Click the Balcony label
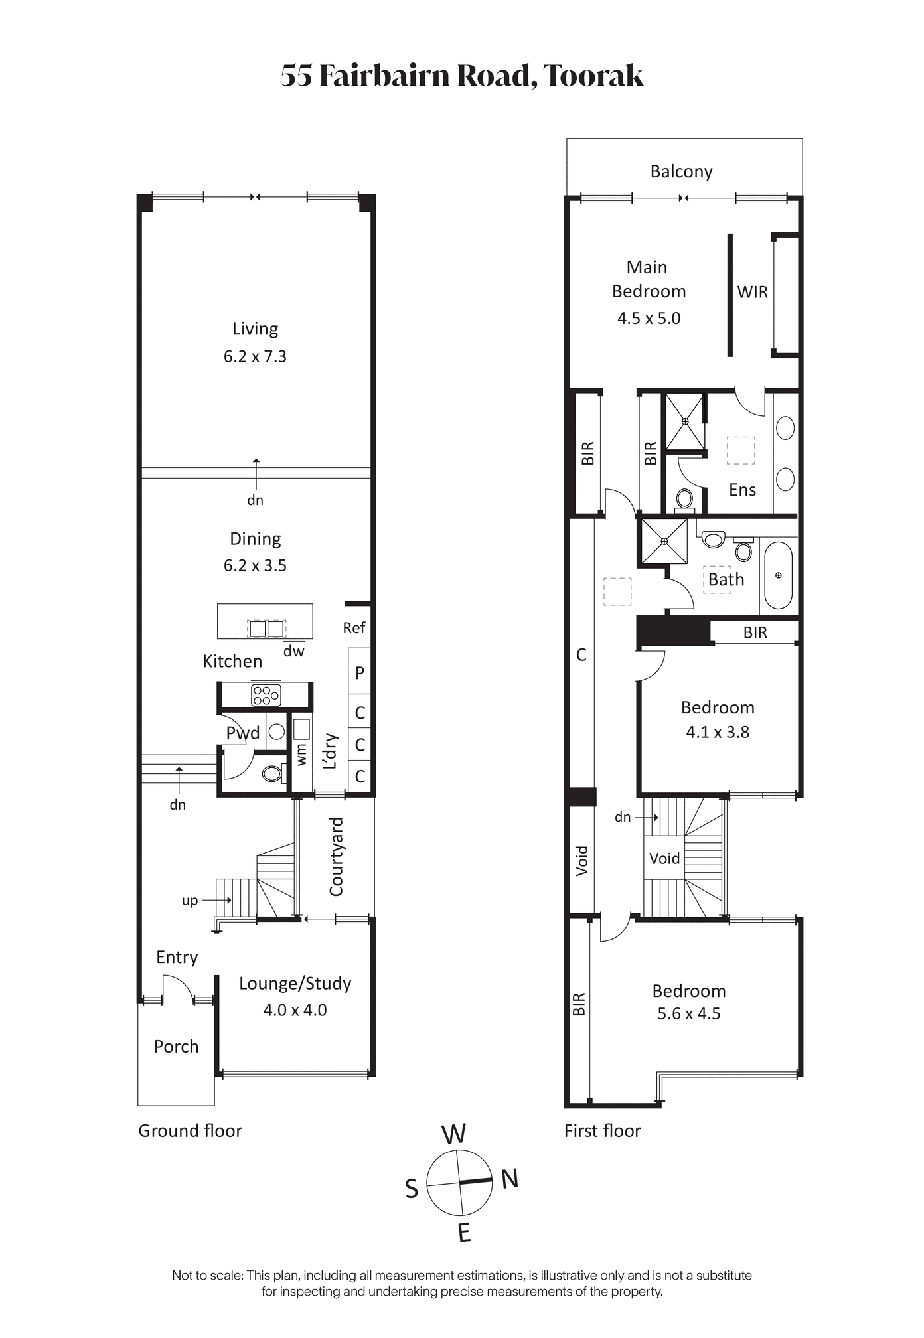681,171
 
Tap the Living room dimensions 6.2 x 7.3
255,356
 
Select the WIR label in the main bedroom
752,292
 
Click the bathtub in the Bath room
778,575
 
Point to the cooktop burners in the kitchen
266,695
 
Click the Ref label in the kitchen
354,628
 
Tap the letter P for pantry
360,672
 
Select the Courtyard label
337,856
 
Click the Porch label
176,1047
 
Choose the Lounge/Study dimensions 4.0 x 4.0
295,1010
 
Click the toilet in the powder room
273,773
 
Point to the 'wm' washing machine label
302,754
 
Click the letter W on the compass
454,1134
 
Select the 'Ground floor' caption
190,1131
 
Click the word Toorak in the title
593,76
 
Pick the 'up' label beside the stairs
190,901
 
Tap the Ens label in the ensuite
742,490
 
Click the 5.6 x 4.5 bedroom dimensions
689,1013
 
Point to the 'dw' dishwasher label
293,652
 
